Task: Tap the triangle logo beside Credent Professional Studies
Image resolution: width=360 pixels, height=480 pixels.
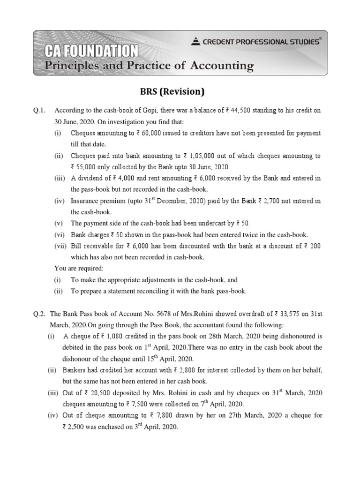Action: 195,42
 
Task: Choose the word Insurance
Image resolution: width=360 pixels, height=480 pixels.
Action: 84,201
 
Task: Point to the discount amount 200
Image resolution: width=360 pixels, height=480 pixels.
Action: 315,246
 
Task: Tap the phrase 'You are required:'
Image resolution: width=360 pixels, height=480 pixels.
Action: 79,269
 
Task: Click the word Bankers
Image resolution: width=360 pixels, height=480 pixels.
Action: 77,370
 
